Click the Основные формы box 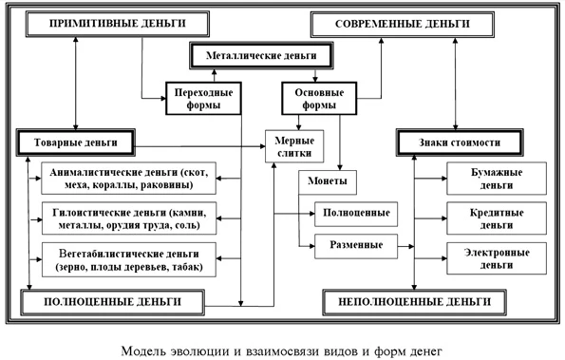pos(314,99)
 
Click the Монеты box pos(328,180)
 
